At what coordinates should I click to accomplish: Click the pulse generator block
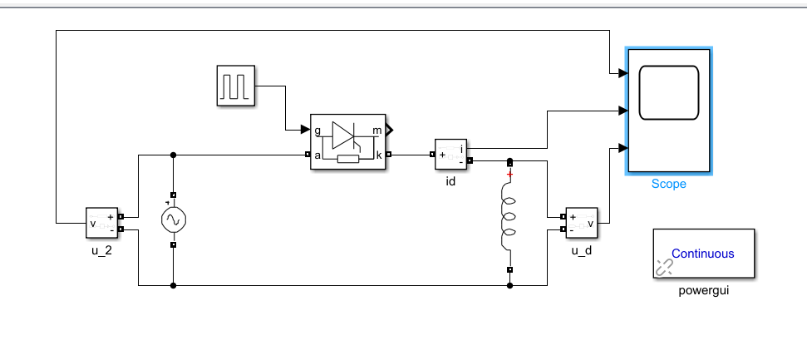click(x=236, y=86)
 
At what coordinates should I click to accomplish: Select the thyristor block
click(x=348, y=141)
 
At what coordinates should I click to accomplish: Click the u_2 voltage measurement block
click(x=102, y=223)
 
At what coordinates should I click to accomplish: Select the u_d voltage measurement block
click(x=582, y=223)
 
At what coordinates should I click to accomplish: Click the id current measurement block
click(x=450, y=154)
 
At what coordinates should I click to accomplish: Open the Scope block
click(x=668, y=111)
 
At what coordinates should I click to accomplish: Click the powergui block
click(x=704, y=254)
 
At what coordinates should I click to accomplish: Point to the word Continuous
click(x=703, y=254)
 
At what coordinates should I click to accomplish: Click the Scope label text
click(x=668, y=184)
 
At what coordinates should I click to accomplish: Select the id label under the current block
click(x=450, y=182)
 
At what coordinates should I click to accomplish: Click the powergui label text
click(x=704, y=290)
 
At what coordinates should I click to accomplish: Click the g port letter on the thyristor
click(x=317, y=131)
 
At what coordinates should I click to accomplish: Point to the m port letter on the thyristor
click(x=377, y=131)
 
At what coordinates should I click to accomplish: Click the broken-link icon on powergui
click(x=664, y=267)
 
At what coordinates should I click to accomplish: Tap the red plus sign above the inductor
click(x=510, y=175)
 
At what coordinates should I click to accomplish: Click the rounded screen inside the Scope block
click(x=668, y=93)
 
